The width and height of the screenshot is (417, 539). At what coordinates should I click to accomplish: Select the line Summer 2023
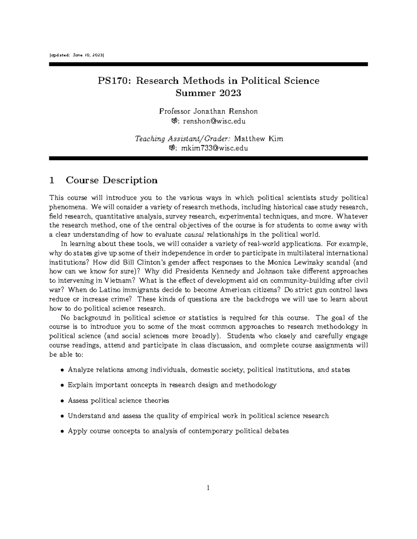(208, 93)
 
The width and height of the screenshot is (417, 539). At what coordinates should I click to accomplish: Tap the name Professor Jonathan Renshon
(208, 111)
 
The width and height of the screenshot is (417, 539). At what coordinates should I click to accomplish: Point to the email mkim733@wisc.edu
(212, 148)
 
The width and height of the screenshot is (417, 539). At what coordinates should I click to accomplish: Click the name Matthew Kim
(259, 139)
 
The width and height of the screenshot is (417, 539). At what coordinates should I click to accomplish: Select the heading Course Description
(112, 180)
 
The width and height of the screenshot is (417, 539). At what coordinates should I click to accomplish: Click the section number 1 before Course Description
(52, 180)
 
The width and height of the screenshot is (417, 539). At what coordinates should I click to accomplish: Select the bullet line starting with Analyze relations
(208, 370)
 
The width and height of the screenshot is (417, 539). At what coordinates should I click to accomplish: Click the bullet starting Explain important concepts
(172, 385)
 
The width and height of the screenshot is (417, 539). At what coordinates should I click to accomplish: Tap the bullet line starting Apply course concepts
(178, 431)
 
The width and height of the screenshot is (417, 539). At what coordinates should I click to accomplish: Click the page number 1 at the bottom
(208, 488)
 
